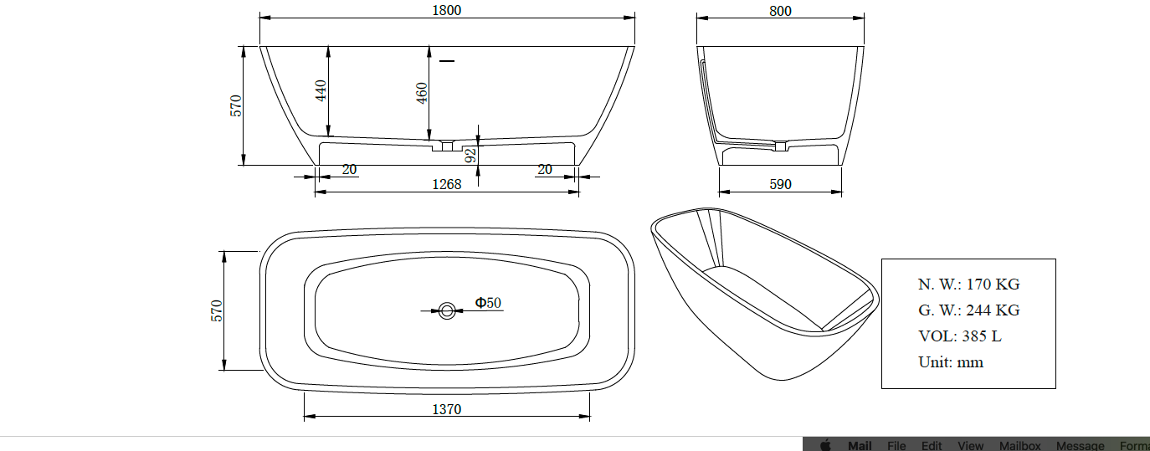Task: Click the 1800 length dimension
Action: click(x=447, y=10)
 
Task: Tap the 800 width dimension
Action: click(x=780, y=11)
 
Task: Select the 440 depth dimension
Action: click(x=321, y=91)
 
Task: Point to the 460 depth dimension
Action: click(x=422, y=93)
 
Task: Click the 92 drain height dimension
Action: click(x=470, y=156)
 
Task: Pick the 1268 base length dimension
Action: click(x=447, y=184)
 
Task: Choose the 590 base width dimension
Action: click(x=780, y=184)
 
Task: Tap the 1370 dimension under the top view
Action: click(x=447, y=409)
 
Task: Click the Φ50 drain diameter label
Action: click(x=488, y=303)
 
